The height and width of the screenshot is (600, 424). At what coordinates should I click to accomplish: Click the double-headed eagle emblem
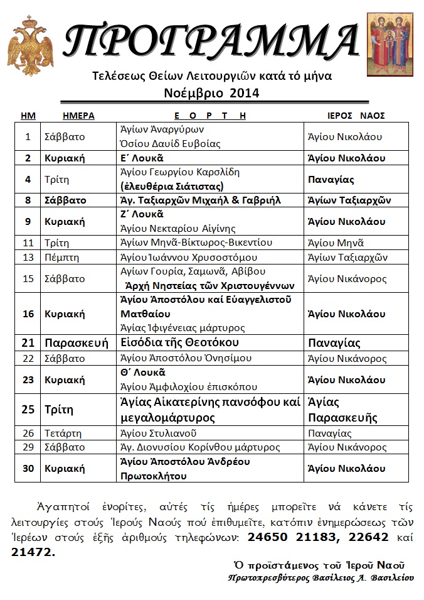(30, 47)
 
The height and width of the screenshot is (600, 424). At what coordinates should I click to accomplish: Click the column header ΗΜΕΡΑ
(78, 116)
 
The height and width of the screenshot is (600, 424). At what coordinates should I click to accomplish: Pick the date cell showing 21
(28, 343)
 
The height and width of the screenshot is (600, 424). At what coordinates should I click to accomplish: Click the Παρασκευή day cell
(72, 343)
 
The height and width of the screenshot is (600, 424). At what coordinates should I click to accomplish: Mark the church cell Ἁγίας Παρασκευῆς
(341, 410)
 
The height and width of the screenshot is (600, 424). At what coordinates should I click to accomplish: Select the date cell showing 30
(28, 469)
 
